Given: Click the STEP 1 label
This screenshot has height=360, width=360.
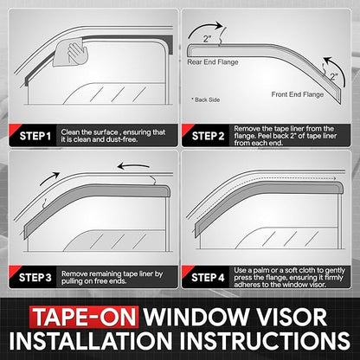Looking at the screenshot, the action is [35, 136].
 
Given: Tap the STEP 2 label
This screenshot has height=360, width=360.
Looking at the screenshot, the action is [208, 136].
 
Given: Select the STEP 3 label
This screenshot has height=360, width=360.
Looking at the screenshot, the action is [35, 278].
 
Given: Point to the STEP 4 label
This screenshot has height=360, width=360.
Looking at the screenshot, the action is [208, 278].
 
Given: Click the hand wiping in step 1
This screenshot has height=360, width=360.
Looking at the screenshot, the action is [77, 54].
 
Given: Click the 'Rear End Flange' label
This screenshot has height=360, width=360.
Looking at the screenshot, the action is [213, 62].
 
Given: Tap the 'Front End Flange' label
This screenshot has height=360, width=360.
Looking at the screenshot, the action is [298, 94].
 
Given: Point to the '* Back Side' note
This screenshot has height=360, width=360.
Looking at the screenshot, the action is [205, 100].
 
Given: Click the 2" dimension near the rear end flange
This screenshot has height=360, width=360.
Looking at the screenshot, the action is [207, 39].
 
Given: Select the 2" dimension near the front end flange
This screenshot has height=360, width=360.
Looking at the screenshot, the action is [334, 77].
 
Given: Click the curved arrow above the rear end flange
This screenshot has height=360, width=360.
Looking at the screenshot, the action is [202, 28].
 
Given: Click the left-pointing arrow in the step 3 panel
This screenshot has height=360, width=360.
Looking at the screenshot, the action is [133, 166].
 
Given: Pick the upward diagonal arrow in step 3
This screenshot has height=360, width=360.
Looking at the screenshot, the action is [49, 178].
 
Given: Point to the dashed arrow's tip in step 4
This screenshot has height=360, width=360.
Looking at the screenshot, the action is [336, 179].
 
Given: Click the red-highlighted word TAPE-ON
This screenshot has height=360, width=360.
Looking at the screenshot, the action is [84, 317].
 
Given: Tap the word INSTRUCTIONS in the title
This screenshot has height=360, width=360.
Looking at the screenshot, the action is [265, 340].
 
